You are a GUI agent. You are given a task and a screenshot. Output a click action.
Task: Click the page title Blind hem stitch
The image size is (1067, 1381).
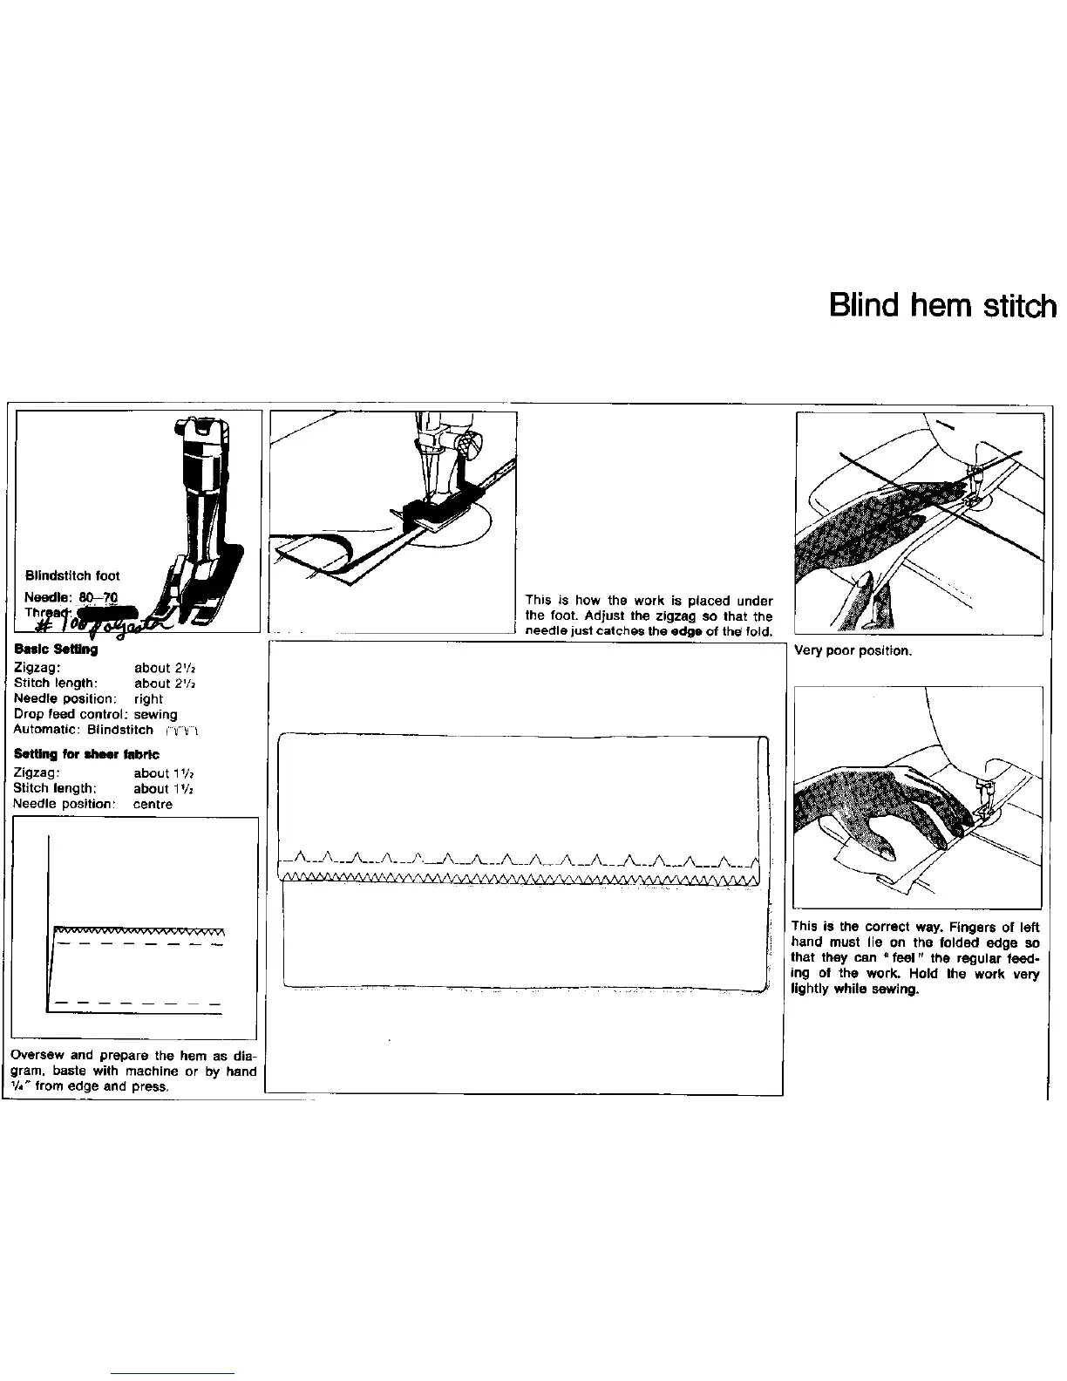(942, 306)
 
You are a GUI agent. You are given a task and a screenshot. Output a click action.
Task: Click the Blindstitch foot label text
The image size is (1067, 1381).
(72, 575)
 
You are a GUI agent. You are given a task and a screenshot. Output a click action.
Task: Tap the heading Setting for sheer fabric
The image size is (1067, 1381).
(86, 754)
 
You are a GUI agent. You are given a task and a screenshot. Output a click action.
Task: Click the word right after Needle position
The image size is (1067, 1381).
(148, 699)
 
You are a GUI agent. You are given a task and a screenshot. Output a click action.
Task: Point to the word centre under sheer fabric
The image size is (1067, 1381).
(153, 805)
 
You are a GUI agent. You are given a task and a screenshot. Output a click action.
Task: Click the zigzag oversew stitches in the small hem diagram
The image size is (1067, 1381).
(139, 930)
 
